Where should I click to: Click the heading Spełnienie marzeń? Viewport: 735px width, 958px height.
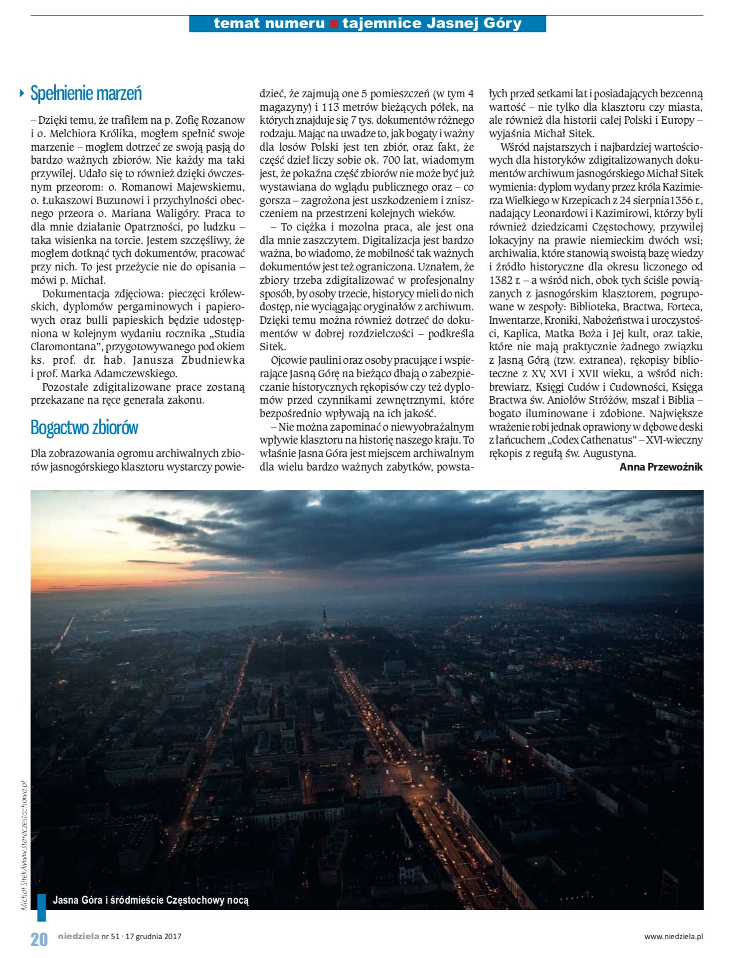point(86,93)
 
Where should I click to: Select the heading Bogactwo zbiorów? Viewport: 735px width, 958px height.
point(84,428)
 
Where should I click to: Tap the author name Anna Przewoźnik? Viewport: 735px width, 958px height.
point(661,467)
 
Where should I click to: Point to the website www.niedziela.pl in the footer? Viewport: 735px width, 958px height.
point(673,937)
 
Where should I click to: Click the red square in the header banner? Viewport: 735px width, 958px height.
point(334,24)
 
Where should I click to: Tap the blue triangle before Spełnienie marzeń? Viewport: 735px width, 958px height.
point(21,93)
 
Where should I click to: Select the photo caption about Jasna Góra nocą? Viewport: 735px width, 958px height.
point(151,900)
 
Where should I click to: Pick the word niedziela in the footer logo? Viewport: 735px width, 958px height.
point(78,936)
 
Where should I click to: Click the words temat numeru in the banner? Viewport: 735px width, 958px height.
point(269,23)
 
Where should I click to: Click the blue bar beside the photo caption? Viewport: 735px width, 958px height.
point(42,908)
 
